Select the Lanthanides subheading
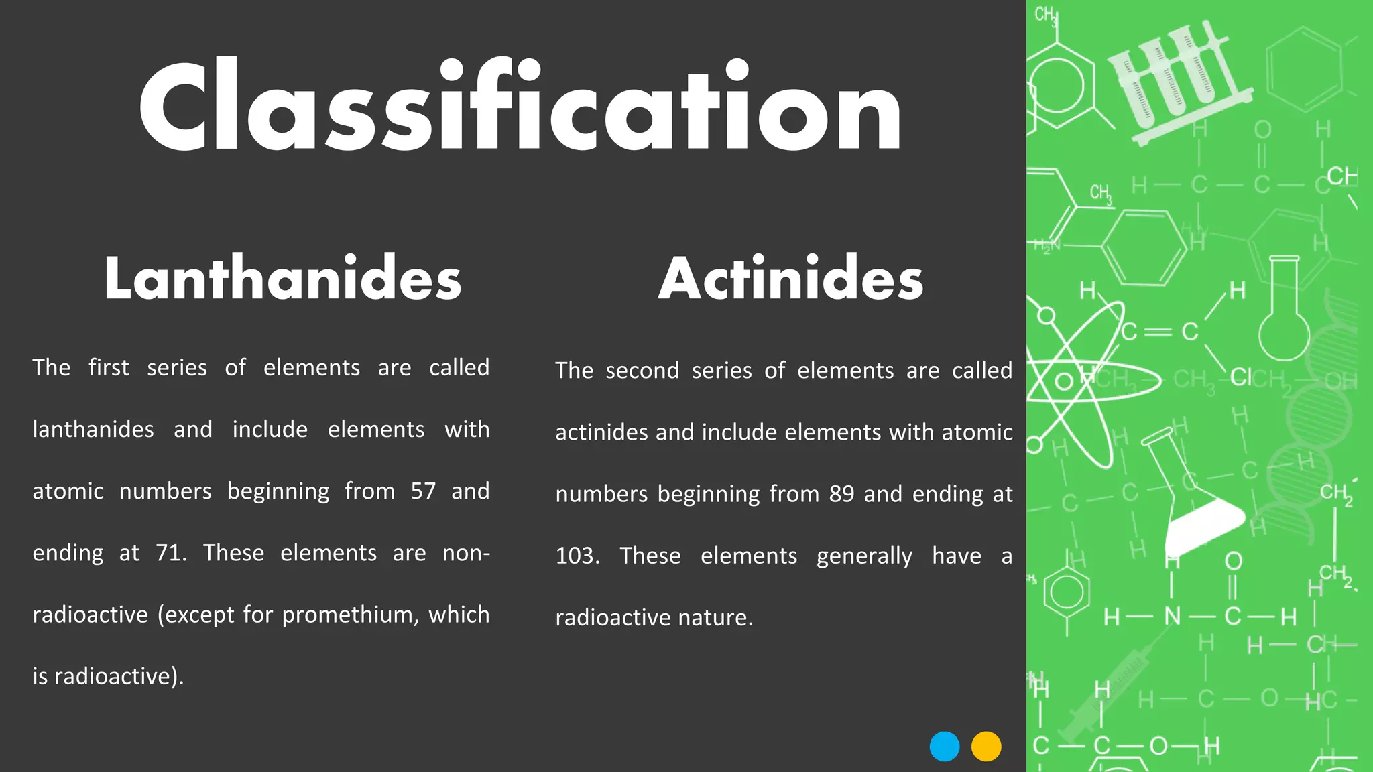point(282,278)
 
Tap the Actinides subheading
point(790,278)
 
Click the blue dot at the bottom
point(945,747)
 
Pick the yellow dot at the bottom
point(986,747)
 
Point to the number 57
point(423,491)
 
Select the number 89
point(841,494)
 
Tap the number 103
point(577,556)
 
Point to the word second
point(642,371)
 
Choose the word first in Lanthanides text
point(109,368)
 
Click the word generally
point(864,556)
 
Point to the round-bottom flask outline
point(1283,315)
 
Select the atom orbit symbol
point(1073,382)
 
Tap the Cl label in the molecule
point(1240,377)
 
